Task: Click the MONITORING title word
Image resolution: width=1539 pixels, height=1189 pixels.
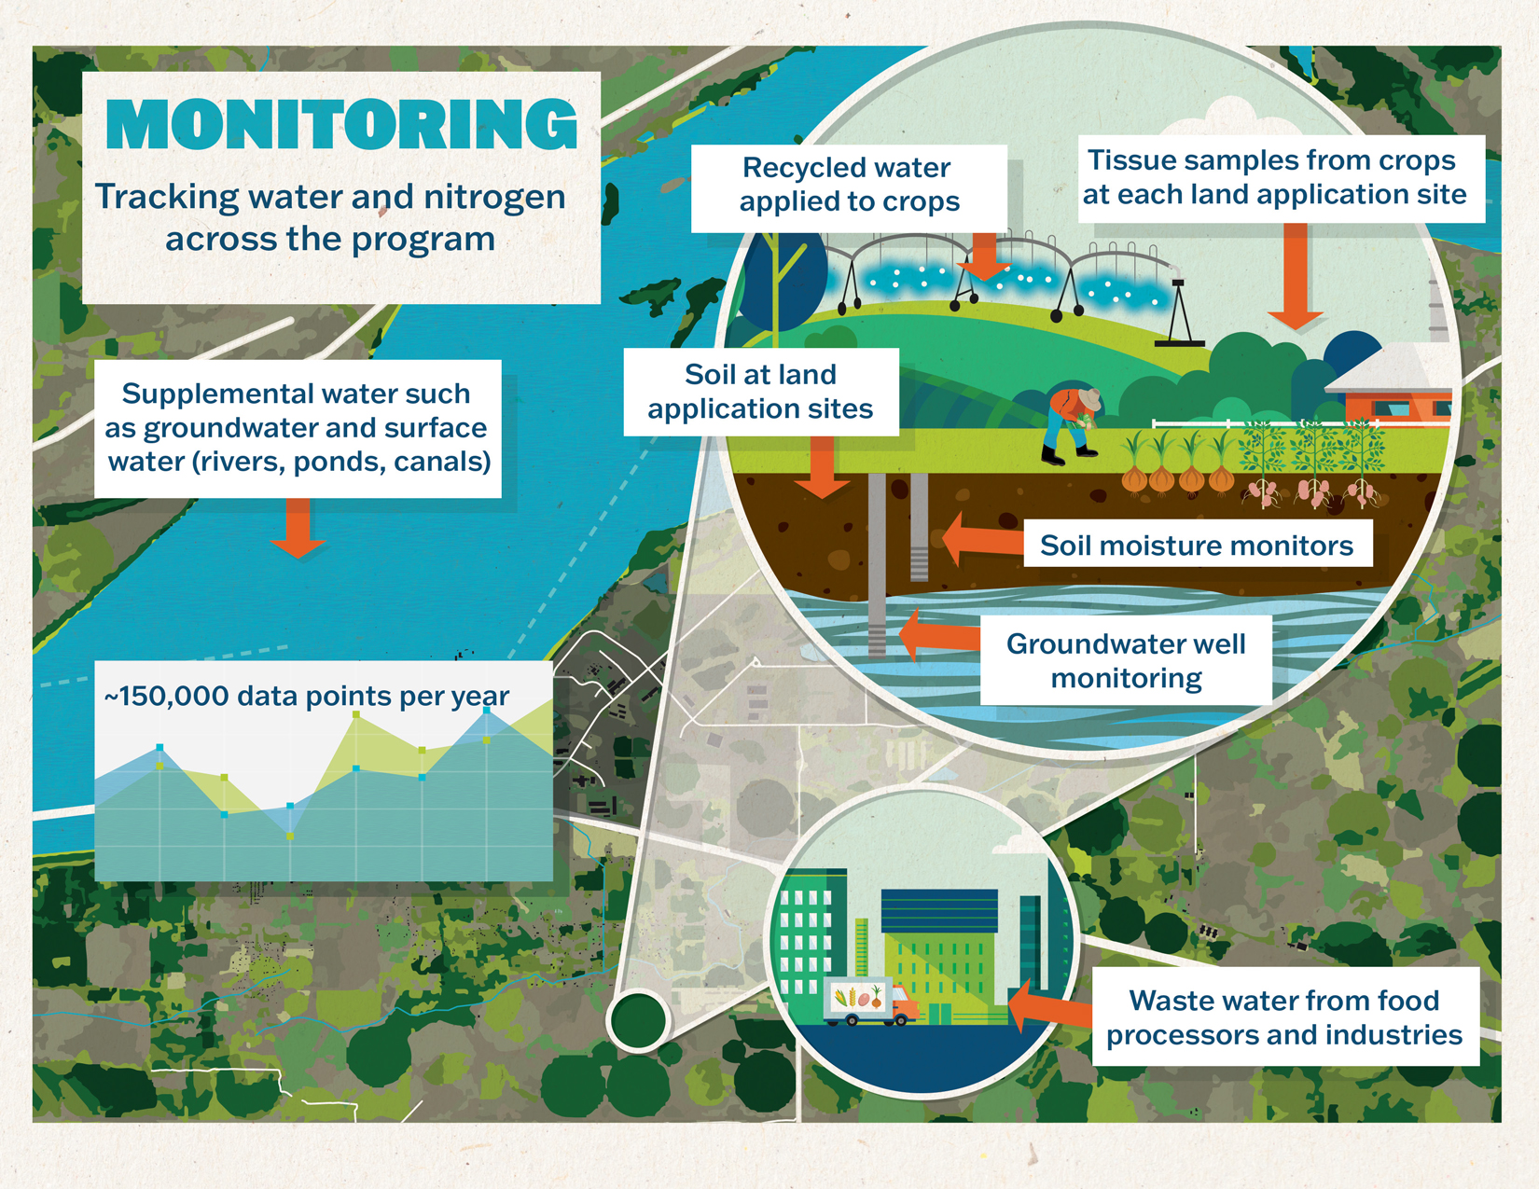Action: [x=341, y=125]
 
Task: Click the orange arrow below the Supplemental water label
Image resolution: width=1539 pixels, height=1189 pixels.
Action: [x=298, y=529]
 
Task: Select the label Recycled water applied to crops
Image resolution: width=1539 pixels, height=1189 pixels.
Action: [x=849, y=185]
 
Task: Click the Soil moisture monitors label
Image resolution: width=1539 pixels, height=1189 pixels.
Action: [x=1196, y=546]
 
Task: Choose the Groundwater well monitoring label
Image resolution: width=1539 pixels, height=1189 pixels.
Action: [x=1126, y=660]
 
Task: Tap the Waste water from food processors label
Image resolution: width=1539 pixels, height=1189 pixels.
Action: [x=1284, y=1016]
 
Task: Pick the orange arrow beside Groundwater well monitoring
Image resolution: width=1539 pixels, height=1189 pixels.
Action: [x=937, y=636]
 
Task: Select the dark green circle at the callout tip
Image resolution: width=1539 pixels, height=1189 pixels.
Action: [x=638, y=1019]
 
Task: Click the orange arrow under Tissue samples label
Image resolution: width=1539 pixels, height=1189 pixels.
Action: [x=1295, y=279]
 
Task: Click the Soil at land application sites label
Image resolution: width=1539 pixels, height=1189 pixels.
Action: [x=760, y=392]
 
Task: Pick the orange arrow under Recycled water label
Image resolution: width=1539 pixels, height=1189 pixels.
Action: [x=984, y=257]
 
